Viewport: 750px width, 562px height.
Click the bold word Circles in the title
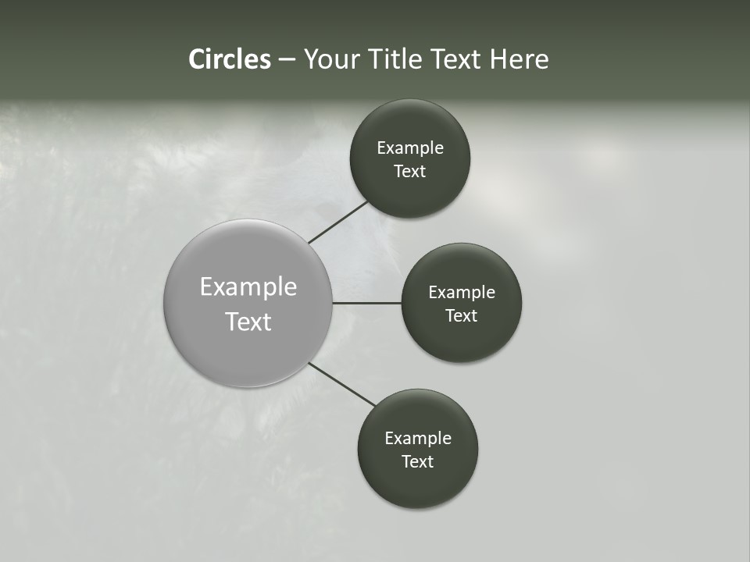pyautogui.click(x=229, y=59)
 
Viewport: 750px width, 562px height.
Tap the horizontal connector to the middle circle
pyautogui.click(x=367, y=303)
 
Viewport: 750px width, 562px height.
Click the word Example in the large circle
pyautogui.click(x=248, y=287)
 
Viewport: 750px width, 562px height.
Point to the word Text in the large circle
pyautogui.click(x=248, y=322)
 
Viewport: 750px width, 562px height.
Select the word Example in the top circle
pyautogui.click(x=410, y=148)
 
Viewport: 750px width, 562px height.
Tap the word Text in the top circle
pyautogui.click(x=409, y=172)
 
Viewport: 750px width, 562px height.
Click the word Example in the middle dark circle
pyautogui.click(x=462, y=293)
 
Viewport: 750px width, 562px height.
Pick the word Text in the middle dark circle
pyautogui.click(x=461, y=316)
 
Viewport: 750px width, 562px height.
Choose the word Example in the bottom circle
pyautogui.click(x=418, y=439)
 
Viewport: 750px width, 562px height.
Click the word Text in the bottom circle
pyautogui.click(x=417, y=462)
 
